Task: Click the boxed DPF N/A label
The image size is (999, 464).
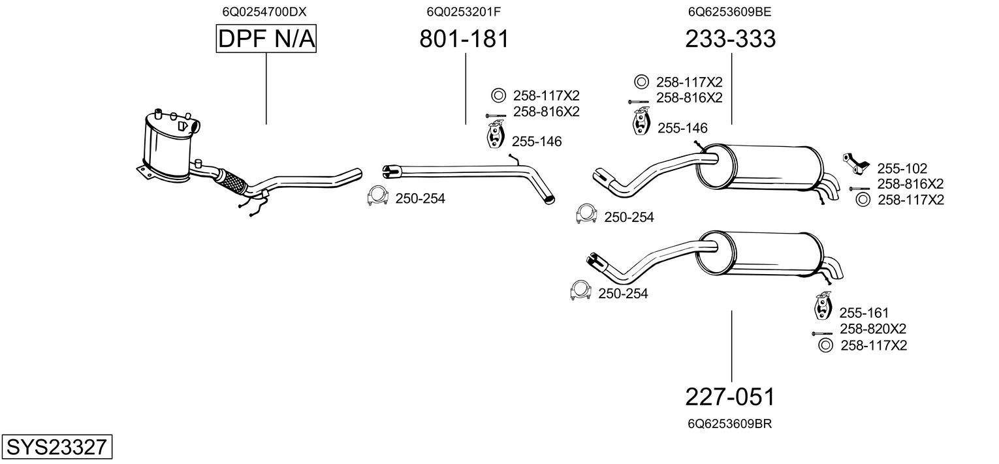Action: point(266,40)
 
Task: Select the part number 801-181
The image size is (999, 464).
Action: point(464,39)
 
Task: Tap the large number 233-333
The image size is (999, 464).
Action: point(731,39)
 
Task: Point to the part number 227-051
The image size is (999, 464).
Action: point(731,397)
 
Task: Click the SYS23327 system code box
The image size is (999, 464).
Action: point(56,448)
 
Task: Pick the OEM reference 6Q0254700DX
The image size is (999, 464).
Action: point(264,12)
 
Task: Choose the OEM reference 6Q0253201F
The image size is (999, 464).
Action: point(464,12)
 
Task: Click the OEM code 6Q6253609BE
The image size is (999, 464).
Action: point(731,12)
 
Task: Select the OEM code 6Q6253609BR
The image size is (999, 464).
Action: point(731,424)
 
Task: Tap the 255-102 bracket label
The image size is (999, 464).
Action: point(902,168)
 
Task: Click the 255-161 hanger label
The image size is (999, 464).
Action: point(864,313)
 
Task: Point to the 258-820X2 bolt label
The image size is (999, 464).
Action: point(872,329)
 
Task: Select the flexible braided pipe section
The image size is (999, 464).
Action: point(232,180)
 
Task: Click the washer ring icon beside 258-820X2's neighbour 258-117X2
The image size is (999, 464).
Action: point(825,346)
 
